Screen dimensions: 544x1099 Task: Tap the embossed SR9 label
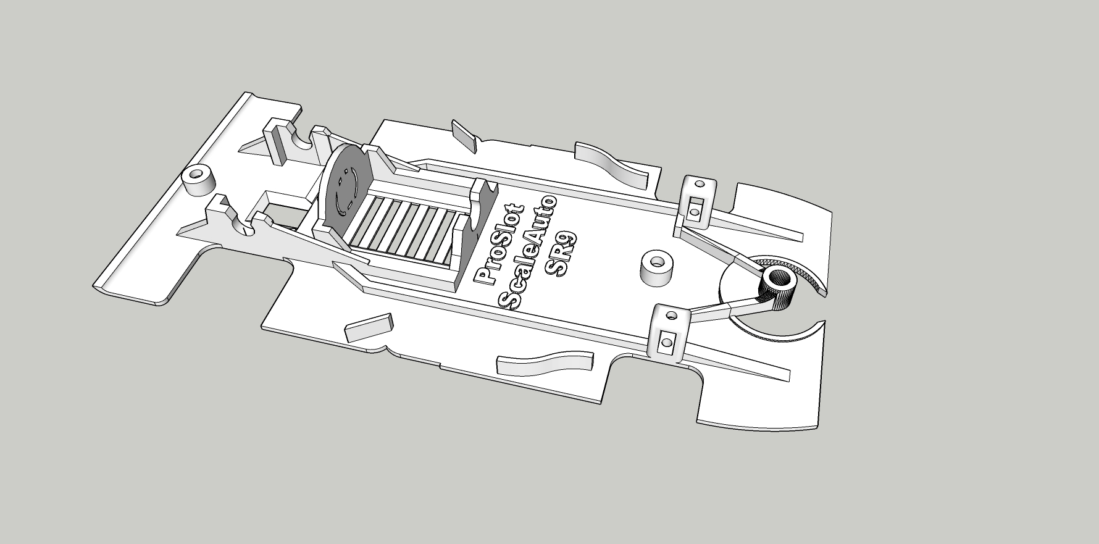(x=561, y=253)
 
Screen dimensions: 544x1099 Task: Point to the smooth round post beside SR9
(x=656, y=267)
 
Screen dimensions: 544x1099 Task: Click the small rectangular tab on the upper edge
(x=464, y=135)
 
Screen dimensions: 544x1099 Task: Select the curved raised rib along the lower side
(x=543, y=365)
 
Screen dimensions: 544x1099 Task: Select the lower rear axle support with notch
(x=228, y=216)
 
